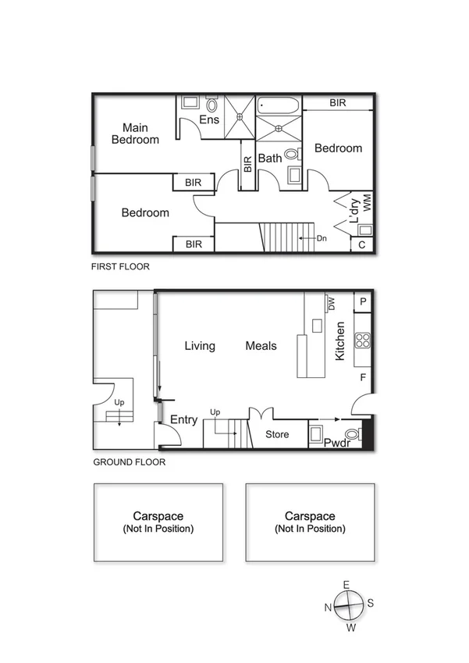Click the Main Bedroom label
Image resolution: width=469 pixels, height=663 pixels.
coord(135,134)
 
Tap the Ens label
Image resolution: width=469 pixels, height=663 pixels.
coord(208,119)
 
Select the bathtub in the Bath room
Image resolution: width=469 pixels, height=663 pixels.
coord(278,105)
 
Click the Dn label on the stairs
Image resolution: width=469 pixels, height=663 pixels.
coord(322,237)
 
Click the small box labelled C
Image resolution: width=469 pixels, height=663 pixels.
coord(362,244)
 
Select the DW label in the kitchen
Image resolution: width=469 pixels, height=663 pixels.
coord(332,302)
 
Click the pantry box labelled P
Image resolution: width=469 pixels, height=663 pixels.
coord(363,301)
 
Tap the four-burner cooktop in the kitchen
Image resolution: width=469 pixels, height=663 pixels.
coord(363,340)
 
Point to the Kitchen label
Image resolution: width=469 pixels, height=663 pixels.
coord(340,341)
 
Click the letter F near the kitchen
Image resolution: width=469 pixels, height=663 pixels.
coord(363,378)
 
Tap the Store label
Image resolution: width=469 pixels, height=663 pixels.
coord(277,434)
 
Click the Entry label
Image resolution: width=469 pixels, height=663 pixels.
coord(184,420)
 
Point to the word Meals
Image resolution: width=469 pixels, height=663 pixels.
coord(261,345)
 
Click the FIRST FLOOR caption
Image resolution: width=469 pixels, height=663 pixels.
coord(120,266)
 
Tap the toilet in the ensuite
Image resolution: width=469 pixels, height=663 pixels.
coord(212,104)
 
